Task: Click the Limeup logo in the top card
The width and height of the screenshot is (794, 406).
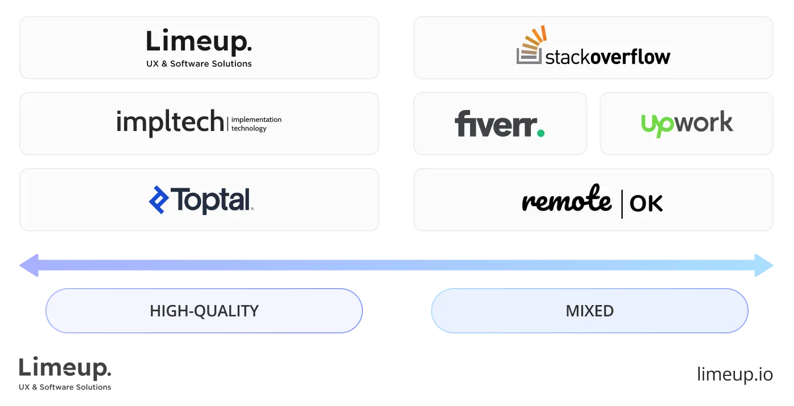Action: click(x=198, y=43)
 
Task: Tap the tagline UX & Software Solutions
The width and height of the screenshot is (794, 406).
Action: click(x=198, y=64)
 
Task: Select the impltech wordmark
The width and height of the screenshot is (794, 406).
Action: click(x=170, y=122)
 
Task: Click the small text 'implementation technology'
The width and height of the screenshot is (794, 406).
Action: click(x=256, y=124)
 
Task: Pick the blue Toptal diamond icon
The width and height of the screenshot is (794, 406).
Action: click(x=159, y=200)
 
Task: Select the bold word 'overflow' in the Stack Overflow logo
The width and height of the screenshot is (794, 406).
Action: click(x=630, y=57)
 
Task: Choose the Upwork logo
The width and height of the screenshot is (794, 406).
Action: click(x=687, y=124)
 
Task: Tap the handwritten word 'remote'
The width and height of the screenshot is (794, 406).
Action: click(x=566, y=201)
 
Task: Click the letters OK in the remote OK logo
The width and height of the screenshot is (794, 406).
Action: click(x=646, y=204)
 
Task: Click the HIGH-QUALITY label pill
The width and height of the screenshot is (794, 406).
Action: click(x=204, y=311)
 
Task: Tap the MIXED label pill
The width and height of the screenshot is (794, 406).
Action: click(x=589, y=311)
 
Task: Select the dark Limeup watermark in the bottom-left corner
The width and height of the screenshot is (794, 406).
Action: click(x=65, y=371)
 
